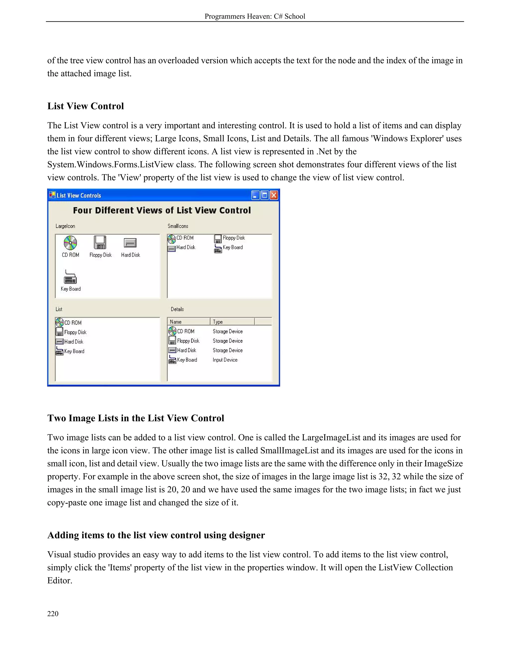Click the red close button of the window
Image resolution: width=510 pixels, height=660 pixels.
point(273,196)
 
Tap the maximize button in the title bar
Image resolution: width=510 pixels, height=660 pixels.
point(264,196)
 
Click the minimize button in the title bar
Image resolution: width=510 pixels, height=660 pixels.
point(255,196)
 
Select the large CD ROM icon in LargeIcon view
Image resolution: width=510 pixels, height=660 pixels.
point(70,243)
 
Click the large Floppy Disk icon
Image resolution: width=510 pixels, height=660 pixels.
point(100,243)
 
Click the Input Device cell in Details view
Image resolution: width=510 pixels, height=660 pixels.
point(225,360)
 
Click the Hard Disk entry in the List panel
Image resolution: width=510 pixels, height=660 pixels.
point(73,342)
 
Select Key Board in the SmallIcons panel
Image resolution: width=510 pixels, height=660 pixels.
point(232,248)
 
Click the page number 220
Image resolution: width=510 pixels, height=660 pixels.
point(53,613)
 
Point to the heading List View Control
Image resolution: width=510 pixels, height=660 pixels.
point(85,106)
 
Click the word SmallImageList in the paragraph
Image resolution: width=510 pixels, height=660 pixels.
point(289,451)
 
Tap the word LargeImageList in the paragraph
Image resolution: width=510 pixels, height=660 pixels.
point(331,438)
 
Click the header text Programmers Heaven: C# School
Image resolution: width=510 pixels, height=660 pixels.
point(255,16)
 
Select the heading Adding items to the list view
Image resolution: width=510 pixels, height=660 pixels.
point(156,535)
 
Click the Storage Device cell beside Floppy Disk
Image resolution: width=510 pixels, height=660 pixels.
point(228,341)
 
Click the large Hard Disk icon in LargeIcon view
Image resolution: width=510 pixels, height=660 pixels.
point(130,243)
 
